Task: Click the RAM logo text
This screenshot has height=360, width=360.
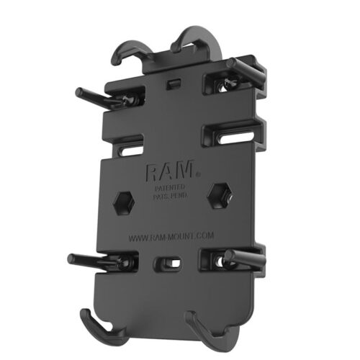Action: click(168, 173)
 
